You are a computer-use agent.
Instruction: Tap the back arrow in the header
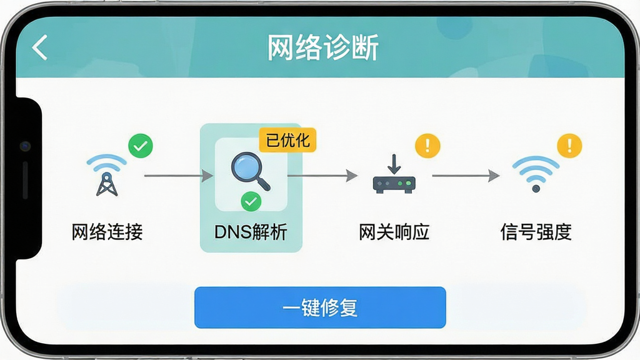click(39, 47)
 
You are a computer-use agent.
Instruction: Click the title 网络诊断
click(323, 47)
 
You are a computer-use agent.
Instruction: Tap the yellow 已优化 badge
click(287, 141)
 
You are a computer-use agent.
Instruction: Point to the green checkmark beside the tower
click(141, 146)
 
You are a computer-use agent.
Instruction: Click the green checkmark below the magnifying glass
click(251, 201)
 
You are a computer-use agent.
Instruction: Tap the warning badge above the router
click(427, 146)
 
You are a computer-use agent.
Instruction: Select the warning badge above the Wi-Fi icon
click(569, 146)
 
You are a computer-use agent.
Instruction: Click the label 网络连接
click(107, 232)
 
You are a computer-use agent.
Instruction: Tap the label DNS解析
click(251, 232)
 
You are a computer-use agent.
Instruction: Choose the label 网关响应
click(394, 232)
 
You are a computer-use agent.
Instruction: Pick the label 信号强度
click(536, 232)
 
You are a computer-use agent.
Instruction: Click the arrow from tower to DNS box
click(179, 176)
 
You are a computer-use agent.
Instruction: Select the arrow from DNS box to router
click(322, 176)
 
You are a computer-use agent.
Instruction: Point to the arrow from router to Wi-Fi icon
click(466, 176)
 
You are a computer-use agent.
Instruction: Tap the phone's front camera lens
click(25, 146)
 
